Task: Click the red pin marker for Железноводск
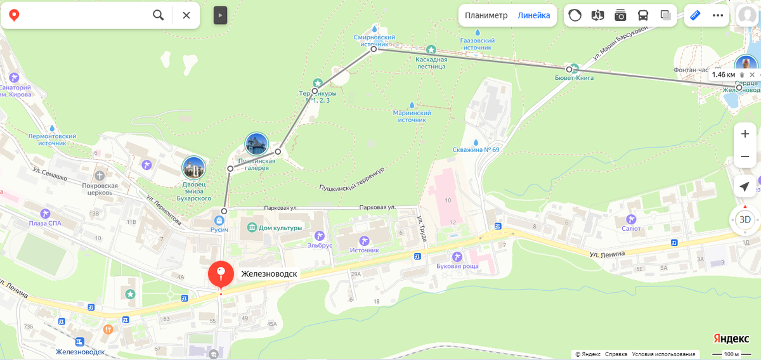point(220,274)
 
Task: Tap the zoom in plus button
point(745,134)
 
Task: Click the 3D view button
point(745,220)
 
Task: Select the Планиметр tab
point(486,15)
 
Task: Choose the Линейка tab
point(534,15)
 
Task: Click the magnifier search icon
point(159,15)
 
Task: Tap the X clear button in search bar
point(186,15)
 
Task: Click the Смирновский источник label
point(374,41)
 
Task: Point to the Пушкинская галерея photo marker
point(256,145)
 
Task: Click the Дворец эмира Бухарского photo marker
point(193,168)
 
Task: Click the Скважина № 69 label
point(476,150)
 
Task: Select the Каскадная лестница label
point(431,63)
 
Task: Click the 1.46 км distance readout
point(723,75)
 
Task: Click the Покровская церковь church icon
point(100,175)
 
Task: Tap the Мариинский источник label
point(412,116)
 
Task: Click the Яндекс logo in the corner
point(731,338)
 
